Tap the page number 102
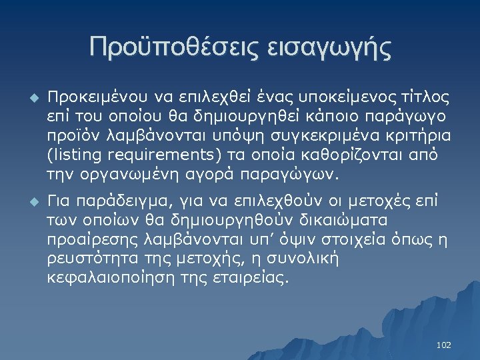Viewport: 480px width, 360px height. [x=443, y=345]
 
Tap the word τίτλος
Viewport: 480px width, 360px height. [x=427, y=99]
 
